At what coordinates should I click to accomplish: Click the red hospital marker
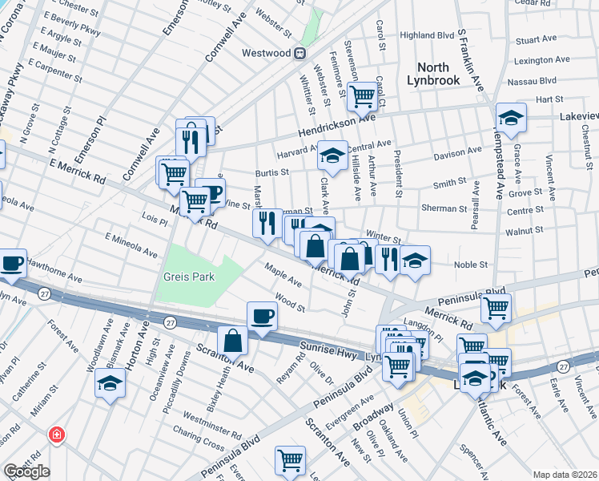pyautogui.click(x=56, y=435)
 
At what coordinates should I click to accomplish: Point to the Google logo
pyautogui.click(x=26, y=471)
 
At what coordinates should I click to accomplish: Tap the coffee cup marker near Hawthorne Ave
pyautogui.click(x=12, y=265)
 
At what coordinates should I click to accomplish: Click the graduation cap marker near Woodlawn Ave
pyautogui.click(x=110, y=382)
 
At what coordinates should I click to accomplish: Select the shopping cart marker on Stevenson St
pyautogui.click(x=363, y=97)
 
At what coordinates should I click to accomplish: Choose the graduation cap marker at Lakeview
pyautogui.click(x=511, y=119)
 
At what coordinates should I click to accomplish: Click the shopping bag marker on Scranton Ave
pyautogui.click(x=232, y=340)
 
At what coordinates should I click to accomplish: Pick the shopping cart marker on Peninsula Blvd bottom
pyautogui.click(x=291, y=460)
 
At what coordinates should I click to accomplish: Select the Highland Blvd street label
pyautogui.click(x=427, y=35)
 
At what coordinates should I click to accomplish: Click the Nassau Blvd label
pyautogui.click(x=536, y=81)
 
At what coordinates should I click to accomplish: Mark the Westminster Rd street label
pyautogui.click(x=213, y=418)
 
